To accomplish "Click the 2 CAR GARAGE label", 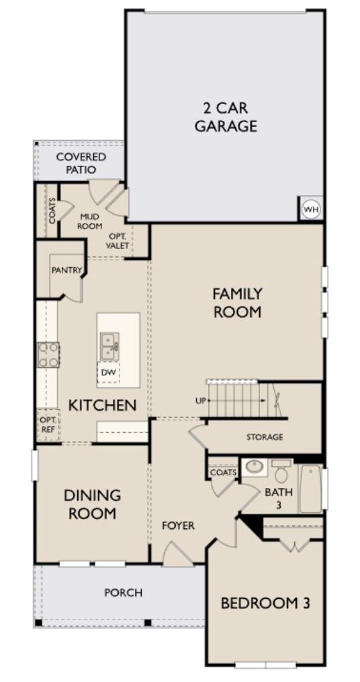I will (x=226, y=117).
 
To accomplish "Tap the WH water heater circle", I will (x=310, y=209).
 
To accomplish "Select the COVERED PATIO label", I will (x=81, y=163).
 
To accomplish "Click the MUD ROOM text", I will (x=90, y=222).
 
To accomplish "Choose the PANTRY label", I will (x=66, y=270).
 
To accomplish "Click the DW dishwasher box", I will (x=108, y=372).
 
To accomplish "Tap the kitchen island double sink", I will (x=109, y=346).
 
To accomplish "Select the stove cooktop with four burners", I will (x=48, y=354).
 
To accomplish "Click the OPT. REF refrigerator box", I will (x=47, y=425).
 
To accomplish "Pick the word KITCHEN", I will (x=103, y=405).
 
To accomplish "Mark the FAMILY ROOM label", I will (x=237, y=303).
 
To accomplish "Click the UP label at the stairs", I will (x=200, y=401).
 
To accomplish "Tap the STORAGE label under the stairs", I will (x=264, y=437).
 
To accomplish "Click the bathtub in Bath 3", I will (x=310, y=489).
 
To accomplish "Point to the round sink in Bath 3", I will (x=255, y=467).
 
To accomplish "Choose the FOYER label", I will (x=178, y=526).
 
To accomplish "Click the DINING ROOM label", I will (x=92, y=504).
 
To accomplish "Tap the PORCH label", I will (x=123, y=593).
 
